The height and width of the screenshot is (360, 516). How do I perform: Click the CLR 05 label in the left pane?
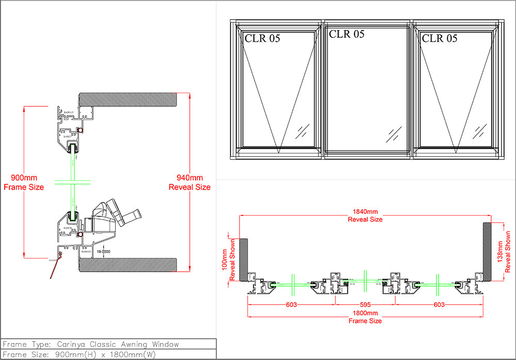coord(262,38)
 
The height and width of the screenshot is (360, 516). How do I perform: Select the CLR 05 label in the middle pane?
coord(346,34)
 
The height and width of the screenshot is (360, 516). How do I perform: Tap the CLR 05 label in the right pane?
coord(439,38)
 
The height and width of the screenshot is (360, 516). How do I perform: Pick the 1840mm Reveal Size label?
coord(365,215)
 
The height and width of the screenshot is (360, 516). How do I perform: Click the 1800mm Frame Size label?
coord(365,317)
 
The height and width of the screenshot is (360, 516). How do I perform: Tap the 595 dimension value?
coord(365,305)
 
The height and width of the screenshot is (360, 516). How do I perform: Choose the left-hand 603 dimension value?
coord(292,305)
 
